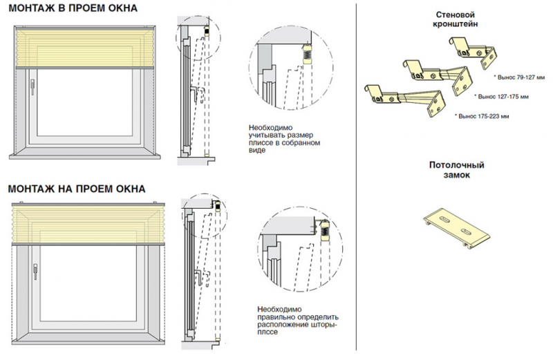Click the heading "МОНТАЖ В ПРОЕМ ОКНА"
click(72, 8)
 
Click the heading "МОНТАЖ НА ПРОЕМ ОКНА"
click(76, 189)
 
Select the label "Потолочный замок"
click(456, 171)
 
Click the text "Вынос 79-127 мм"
click(520, 72)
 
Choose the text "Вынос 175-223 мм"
click(483, 116)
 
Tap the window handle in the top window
click(32, 86)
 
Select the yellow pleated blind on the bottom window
click(86, 223)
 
